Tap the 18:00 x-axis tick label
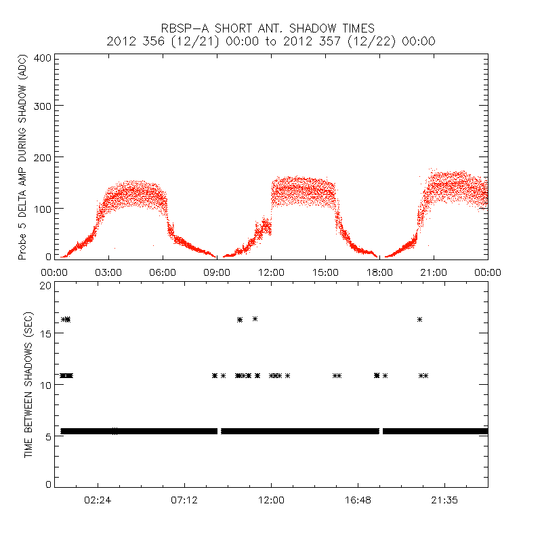point(379,272)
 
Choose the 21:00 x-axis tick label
point(434,272)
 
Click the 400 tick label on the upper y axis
point(43,58)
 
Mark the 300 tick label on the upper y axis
point(43,106)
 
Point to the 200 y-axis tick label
point(43,157)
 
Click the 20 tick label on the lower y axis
point(45,285)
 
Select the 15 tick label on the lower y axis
point(45,335)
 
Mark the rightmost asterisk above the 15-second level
point(420,319)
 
